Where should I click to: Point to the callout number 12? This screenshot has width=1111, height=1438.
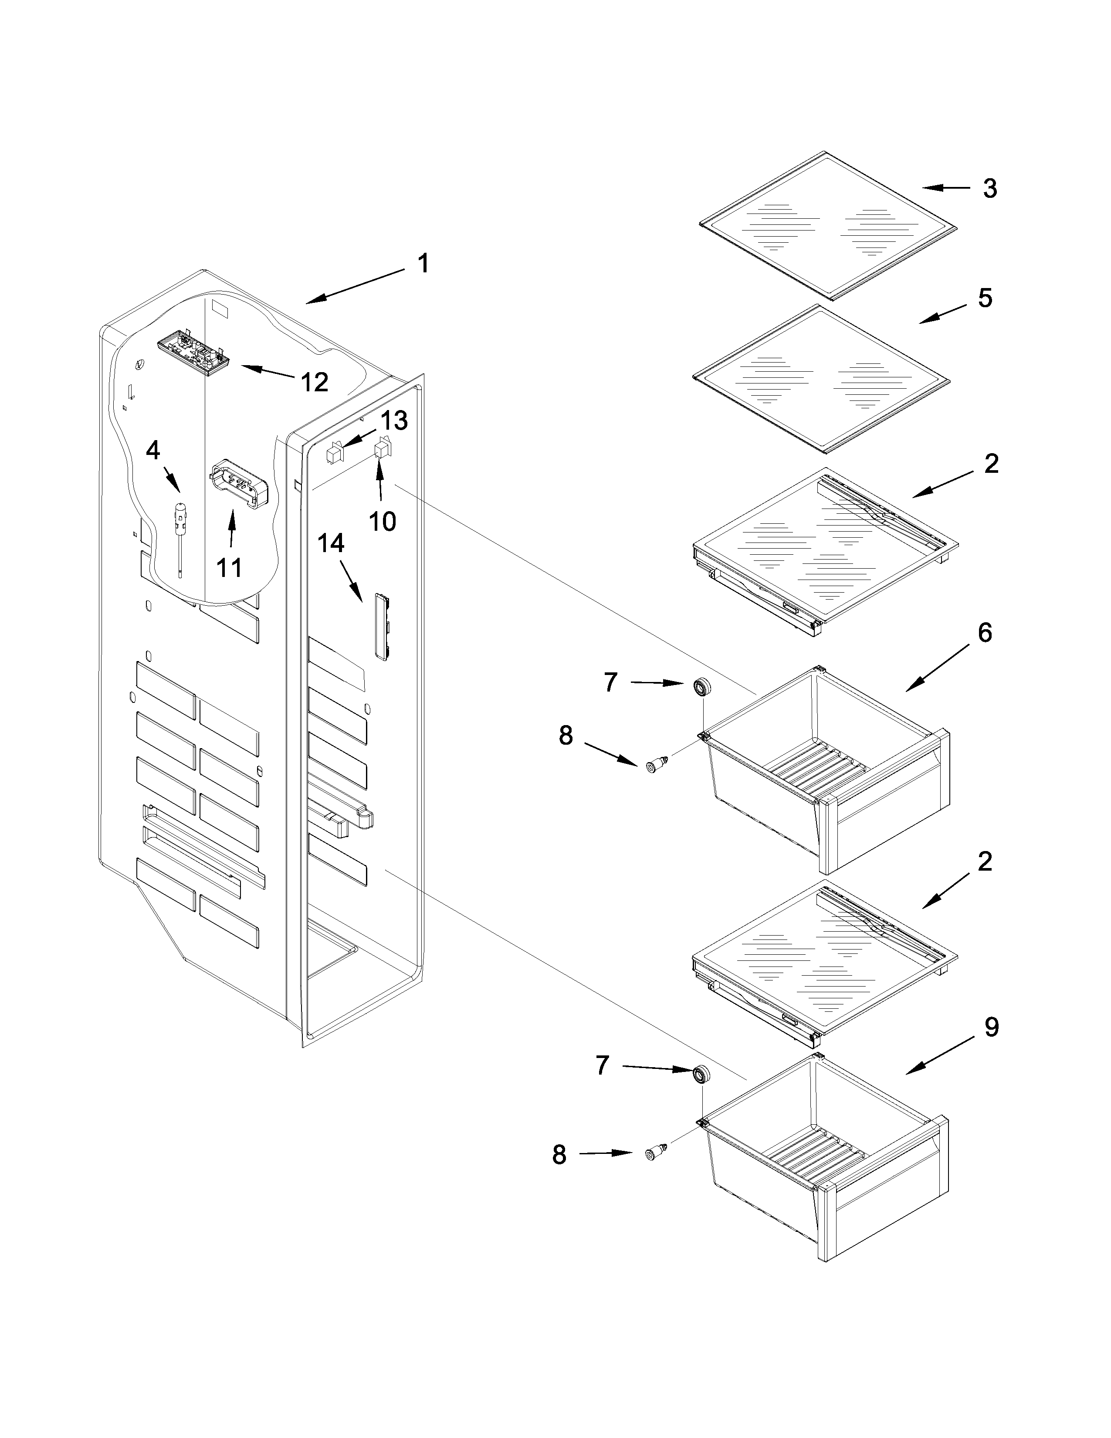coord(314,381)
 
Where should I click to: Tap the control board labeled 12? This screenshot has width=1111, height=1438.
coord(193,357)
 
